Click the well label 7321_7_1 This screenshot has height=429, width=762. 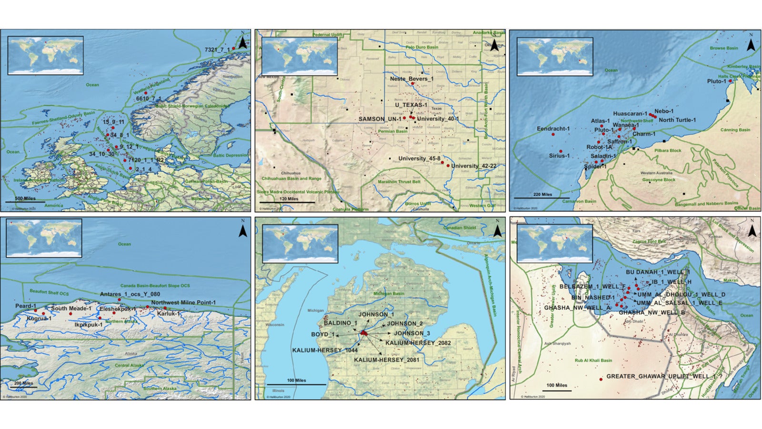point(217,50)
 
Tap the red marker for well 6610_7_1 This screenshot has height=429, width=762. point(159,93)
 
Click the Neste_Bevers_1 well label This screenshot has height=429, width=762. point(411,79)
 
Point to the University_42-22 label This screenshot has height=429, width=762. point(473,166)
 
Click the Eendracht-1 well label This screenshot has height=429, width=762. point(553,129)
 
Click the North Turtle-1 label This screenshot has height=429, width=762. point(677,120)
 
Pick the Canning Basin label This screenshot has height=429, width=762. point(735,130)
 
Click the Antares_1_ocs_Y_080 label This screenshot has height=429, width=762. point(130,294)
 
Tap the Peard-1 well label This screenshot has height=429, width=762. point(26,306)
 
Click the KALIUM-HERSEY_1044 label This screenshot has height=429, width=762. point(325,350)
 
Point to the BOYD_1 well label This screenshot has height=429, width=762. point(323,335)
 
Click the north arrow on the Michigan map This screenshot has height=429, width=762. point(497,231)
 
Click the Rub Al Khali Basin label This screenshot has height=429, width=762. point(593,360)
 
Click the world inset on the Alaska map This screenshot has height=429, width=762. point(44,238)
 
